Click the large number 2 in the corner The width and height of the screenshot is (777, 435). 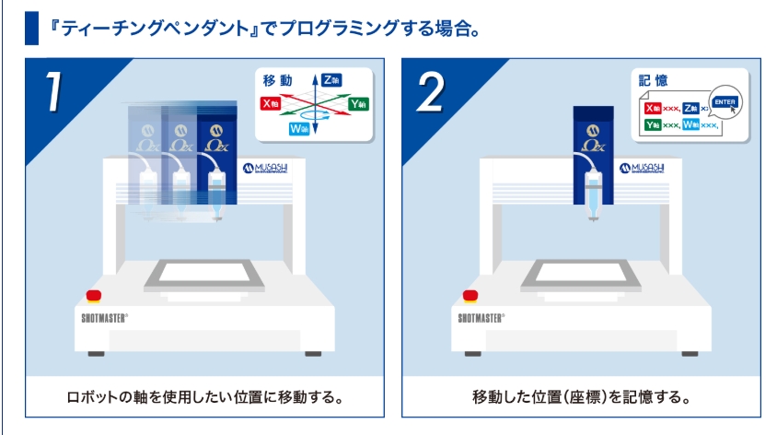pos(433,92)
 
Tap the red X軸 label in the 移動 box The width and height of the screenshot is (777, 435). pos(270,104)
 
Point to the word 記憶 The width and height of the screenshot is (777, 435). pos(654,80)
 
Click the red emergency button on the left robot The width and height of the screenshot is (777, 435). pos(93,296)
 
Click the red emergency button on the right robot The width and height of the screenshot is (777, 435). pos(470,296)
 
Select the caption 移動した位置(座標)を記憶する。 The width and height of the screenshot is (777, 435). pos(581,398)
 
